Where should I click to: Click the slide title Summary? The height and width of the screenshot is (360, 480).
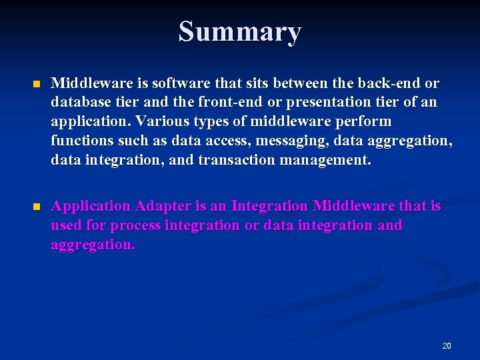pyautogui.click(x=240, y=31)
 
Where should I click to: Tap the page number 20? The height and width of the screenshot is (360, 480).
pyautogui.click(x=447, y=345)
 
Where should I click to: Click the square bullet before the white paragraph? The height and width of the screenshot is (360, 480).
pyautogui.click(x=37, y=85)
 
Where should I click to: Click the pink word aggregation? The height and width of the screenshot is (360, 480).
pyautogui.click(x=93, y=245)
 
